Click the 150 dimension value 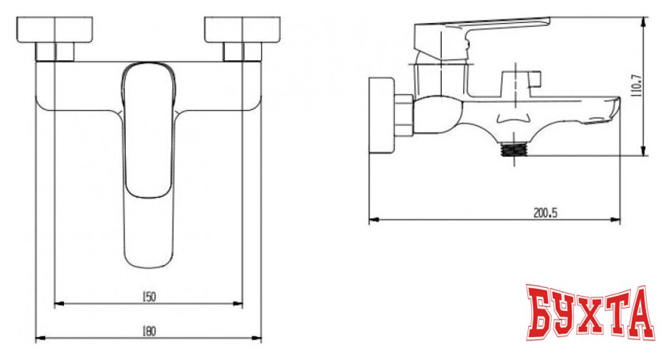click(148, 297)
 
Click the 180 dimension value click(148, 331)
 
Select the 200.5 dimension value click(545, 212)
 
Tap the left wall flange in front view click(55, 30)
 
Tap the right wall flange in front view click(242, 30)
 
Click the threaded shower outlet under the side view click(514, 150)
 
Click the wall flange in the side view click(382, 115)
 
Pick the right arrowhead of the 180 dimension click(257, 338)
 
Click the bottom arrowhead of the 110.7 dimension click(644, 151)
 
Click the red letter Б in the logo click(541, 312)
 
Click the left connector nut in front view click(55, 51)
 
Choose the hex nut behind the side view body click(405, 115)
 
